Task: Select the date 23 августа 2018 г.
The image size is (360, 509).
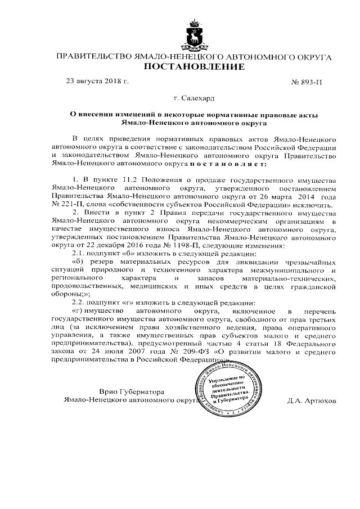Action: click(x=97, y=82)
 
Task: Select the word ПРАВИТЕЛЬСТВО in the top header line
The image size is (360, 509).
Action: click(x=91, y=57)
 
